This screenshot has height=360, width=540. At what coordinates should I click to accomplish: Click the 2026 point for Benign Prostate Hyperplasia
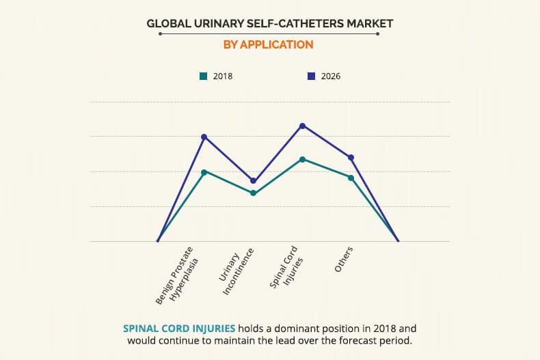point(204,137)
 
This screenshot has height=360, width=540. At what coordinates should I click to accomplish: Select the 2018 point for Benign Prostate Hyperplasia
point(204,172)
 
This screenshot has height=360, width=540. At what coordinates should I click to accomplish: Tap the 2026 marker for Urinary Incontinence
point(253,181)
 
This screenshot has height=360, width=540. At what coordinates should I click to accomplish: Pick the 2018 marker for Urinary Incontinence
point(253,193)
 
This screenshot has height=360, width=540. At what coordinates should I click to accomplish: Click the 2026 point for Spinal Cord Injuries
point(302,126)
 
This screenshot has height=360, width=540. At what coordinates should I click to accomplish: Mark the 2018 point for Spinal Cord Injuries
point(302,159)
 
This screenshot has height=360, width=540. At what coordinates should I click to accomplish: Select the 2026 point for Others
point(351,158)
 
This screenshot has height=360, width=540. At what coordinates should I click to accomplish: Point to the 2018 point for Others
point(351,178)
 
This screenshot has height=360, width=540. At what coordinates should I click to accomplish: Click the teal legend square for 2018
point(203,76)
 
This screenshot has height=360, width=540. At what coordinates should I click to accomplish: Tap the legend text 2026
point(330,77)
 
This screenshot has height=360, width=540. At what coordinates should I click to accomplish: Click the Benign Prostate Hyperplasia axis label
point(176,275)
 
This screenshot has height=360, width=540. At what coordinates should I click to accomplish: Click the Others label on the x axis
point(344,260)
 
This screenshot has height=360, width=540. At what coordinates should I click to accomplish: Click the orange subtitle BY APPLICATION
point(269,44)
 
